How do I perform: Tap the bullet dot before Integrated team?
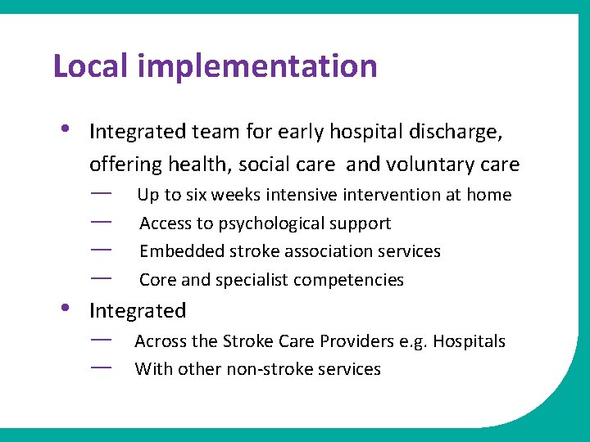(65, 129)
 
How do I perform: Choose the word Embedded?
(177, 251)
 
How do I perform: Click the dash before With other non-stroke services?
(102, 368)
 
